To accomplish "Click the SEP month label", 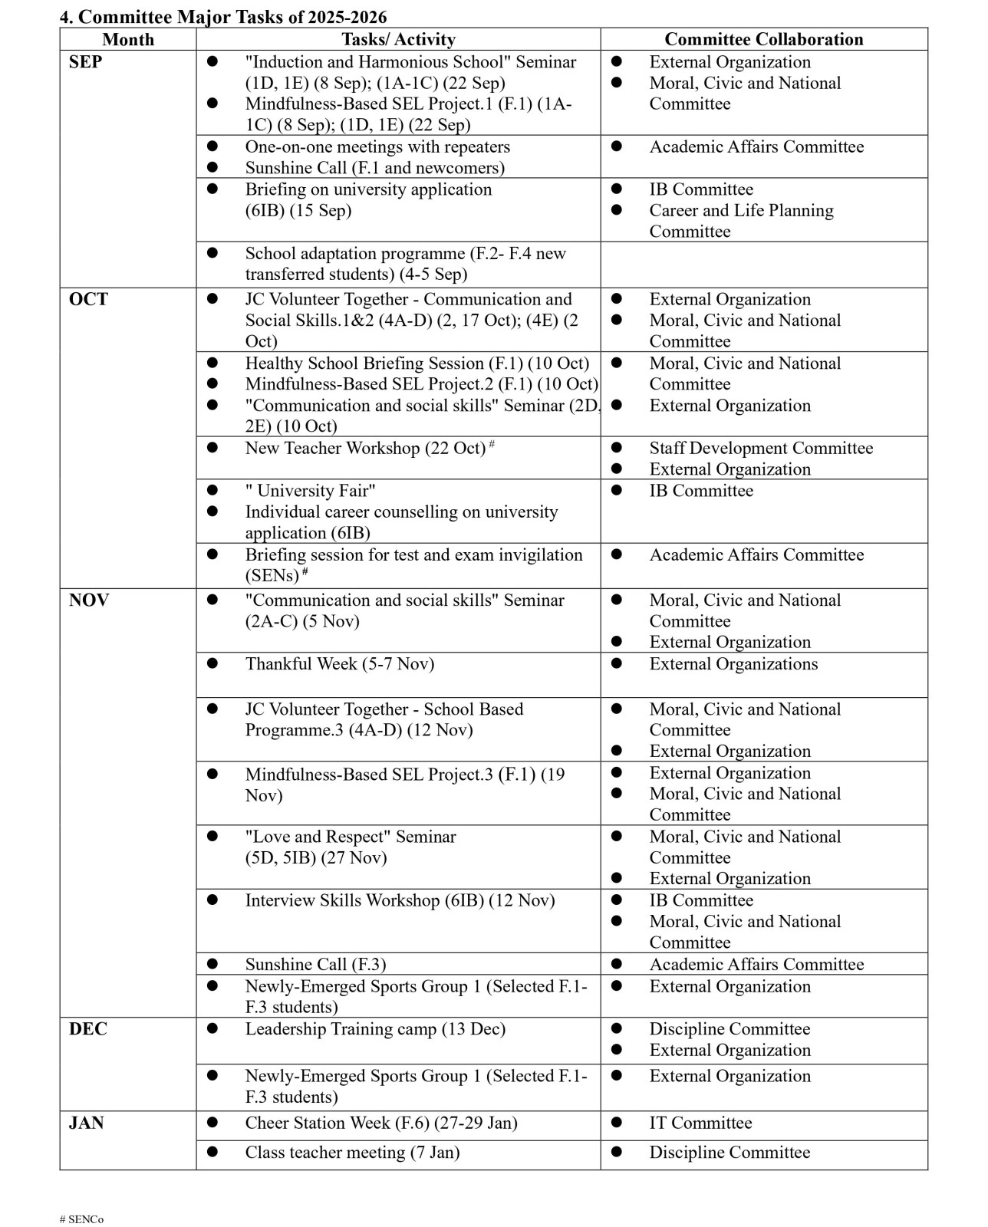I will pyautogui.click(x=85, y=62).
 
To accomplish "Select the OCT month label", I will pyautogui.click(x=88, y=299).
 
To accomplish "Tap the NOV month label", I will pyautogui.click(x=89, y=600).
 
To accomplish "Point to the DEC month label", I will pyautogui.click(x=88, y=1029).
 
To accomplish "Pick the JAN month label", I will pyautogui.click(x=86, y=1123).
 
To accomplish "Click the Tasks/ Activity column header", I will pyautogui.click(x=398, y=39).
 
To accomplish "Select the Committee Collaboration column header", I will pyautogui.click(x=763, y=39).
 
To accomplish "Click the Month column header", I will pyautogui.click(x=128, y=39).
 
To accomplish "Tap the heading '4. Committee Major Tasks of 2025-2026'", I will pyautogui.click(x=223, y=17).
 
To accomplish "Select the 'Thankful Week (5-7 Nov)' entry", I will pyautogui.click(x=339, y=664).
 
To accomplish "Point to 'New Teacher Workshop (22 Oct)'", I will pyautogui.click(x=365, y=448).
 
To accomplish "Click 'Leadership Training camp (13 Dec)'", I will pyautogui.click(x=375, y=1029).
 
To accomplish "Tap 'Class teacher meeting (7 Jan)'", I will pyautogui.click(x=352, y=1153).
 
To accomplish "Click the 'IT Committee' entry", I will pyautogui.click(x=700, y=1123).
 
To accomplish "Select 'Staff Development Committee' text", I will pyautogui.click(x=761, y=448).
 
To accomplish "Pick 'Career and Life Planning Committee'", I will pyautogui.click(x=741, y=221).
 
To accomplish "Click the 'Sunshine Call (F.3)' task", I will pyautogui.click(x=315, y=965).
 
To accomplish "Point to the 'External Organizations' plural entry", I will pyautogui.click(x=733, y=664).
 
